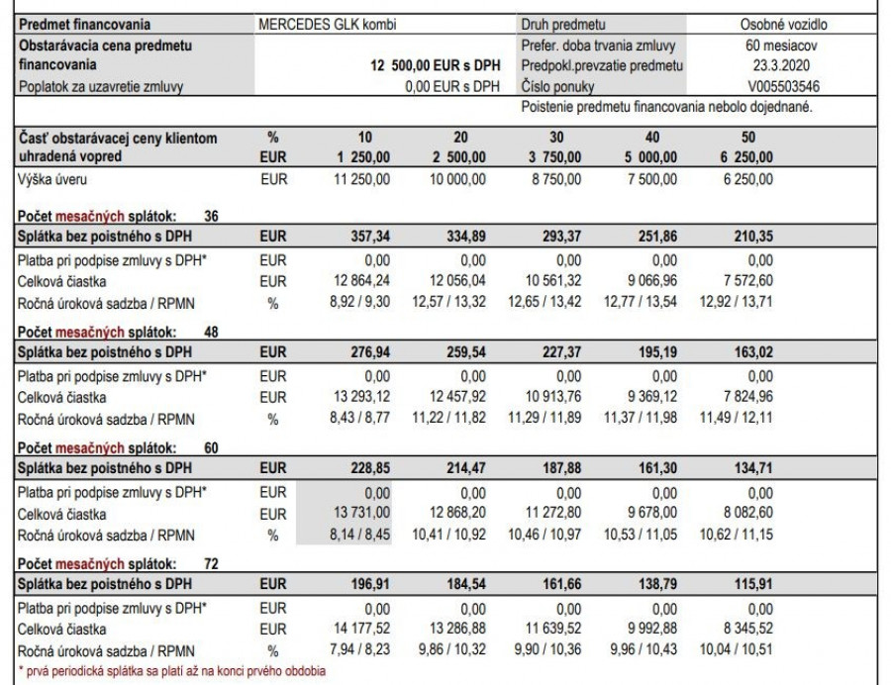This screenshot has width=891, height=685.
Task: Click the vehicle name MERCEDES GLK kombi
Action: click(319, 25)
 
